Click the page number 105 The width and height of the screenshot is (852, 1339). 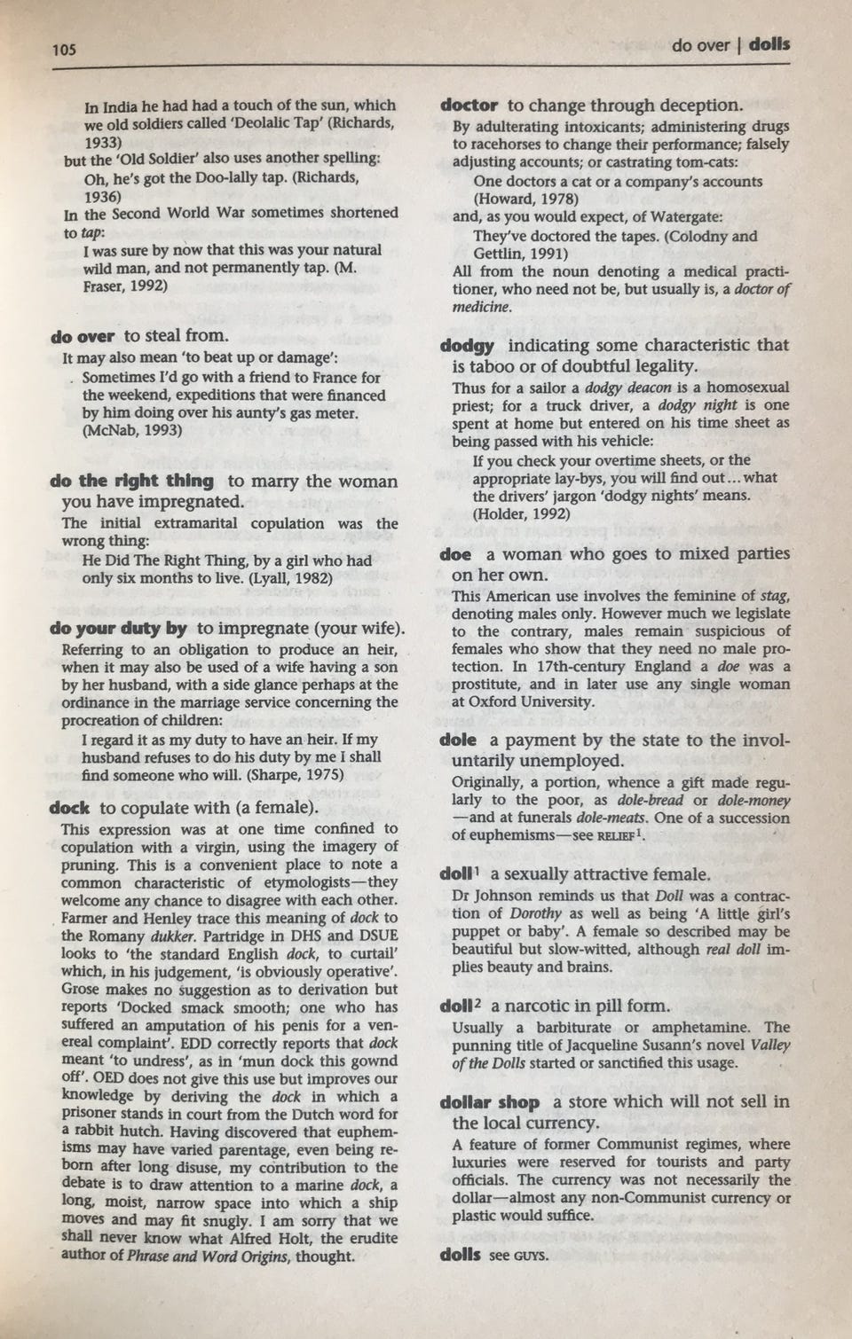(64, 49)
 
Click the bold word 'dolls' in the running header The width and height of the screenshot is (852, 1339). (769, 43)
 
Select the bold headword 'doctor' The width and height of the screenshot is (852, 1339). (469, 105)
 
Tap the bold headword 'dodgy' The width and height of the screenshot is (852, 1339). (468, 345)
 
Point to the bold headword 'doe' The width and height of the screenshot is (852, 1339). (455, 554)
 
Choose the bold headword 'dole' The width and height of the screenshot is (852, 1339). (458, 740)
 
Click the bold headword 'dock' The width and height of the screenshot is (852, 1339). (70, 808)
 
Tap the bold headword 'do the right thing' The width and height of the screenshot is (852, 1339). (132, 481)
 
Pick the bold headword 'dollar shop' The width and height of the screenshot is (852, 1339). (490, 1102)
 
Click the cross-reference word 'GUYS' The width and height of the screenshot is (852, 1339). (530, 1256)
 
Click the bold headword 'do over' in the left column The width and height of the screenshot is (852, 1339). (83, 336)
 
